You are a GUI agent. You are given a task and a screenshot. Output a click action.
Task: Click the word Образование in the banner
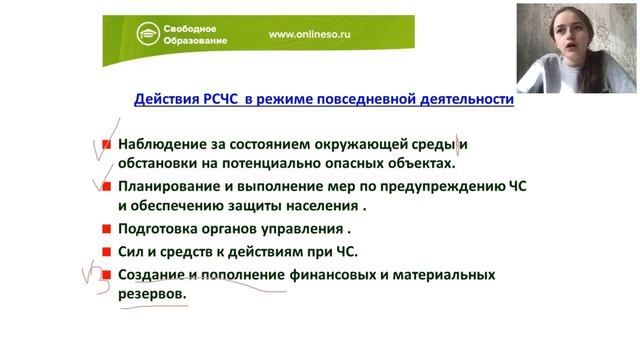tap(199, 41)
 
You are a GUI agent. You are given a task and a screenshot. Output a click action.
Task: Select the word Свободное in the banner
tap(197, 26)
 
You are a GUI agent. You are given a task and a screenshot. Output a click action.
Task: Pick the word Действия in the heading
tap(165, 100)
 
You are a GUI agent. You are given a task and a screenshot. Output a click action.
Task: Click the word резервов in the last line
tap(151, 296)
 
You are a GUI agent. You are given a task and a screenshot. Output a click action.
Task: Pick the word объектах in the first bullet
tap(419, 164)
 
